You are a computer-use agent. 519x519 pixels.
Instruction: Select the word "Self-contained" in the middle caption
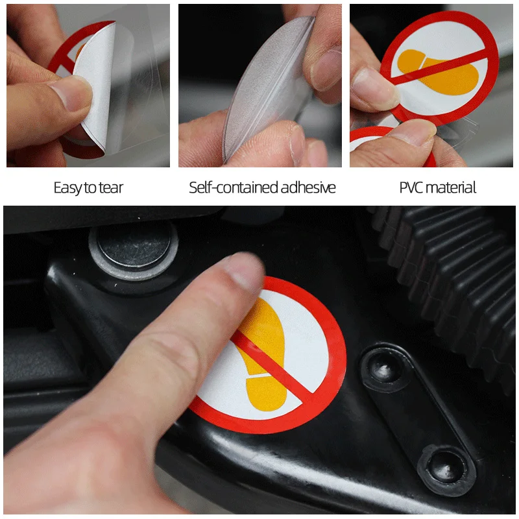(234, 187)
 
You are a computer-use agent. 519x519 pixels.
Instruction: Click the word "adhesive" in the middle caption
(308, 187)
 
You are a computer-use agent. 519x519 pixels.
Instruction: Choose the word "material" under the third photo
(451, 187)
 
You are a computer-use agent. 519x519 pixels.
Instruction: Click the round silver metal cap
(134, 249)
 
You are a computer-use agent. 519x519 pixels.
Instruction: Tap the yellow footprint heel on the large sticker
(267, 393)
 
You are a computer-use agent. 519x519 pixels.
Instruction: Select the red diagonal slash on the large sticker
(274, 363)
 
